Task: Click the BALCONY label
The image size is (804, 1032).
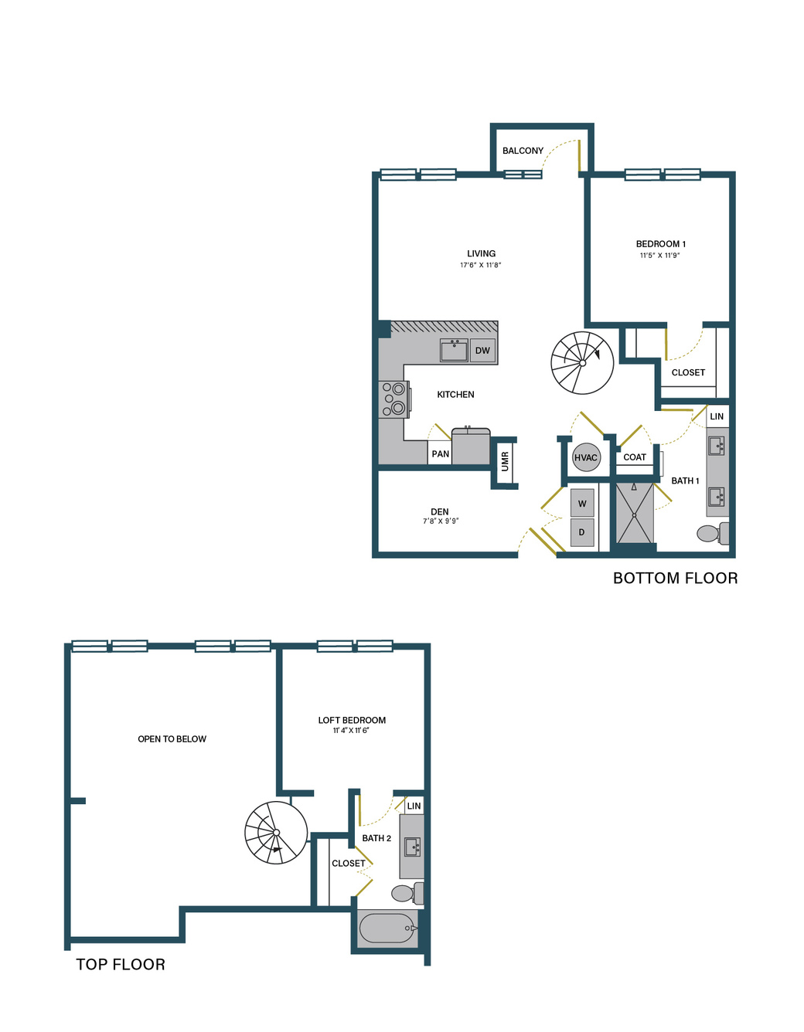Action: (x=523, y=151)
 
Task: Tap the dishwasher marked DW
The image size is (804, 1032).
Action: (x=482, y=351)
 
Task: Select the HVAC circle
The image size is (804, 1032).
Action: (x=585, y=457)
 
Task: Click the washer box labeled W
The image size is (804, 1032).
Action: (x=582, y=503)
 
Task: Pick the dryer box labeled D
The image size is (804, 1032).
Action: (x=582, y=532)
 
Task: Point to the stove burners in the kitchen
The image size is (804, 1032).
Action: (x=394, y=399)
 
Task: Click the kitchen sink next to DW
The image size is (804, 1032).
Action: (x=454, y=351)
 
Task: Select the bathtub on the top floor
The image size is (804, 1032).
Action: (x=388, y=928)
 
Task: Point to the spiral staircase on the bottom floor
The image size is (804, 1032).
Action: (x=582, y=362)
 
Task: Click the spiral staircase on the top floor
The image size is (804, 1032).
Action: (x=276, y=833)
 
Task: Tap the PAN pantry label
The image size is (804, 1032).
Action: (x=441, y=453)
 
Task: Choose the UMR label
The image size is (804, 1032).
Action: (x=505, y=461)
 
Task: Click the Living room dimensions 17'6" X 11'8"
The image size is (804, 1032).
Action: (x=481, y=265)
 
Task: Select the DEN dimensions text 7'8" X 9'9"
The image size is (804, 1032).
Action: (x=441, y=521)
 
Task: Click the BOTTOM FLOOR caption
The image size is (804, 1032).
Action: (x=675, y=578)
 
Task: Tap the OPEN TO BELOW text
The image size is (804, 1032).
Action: (x=172, y=738)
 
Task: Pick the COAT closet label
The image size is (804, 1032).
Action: (x=635, y=457)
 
